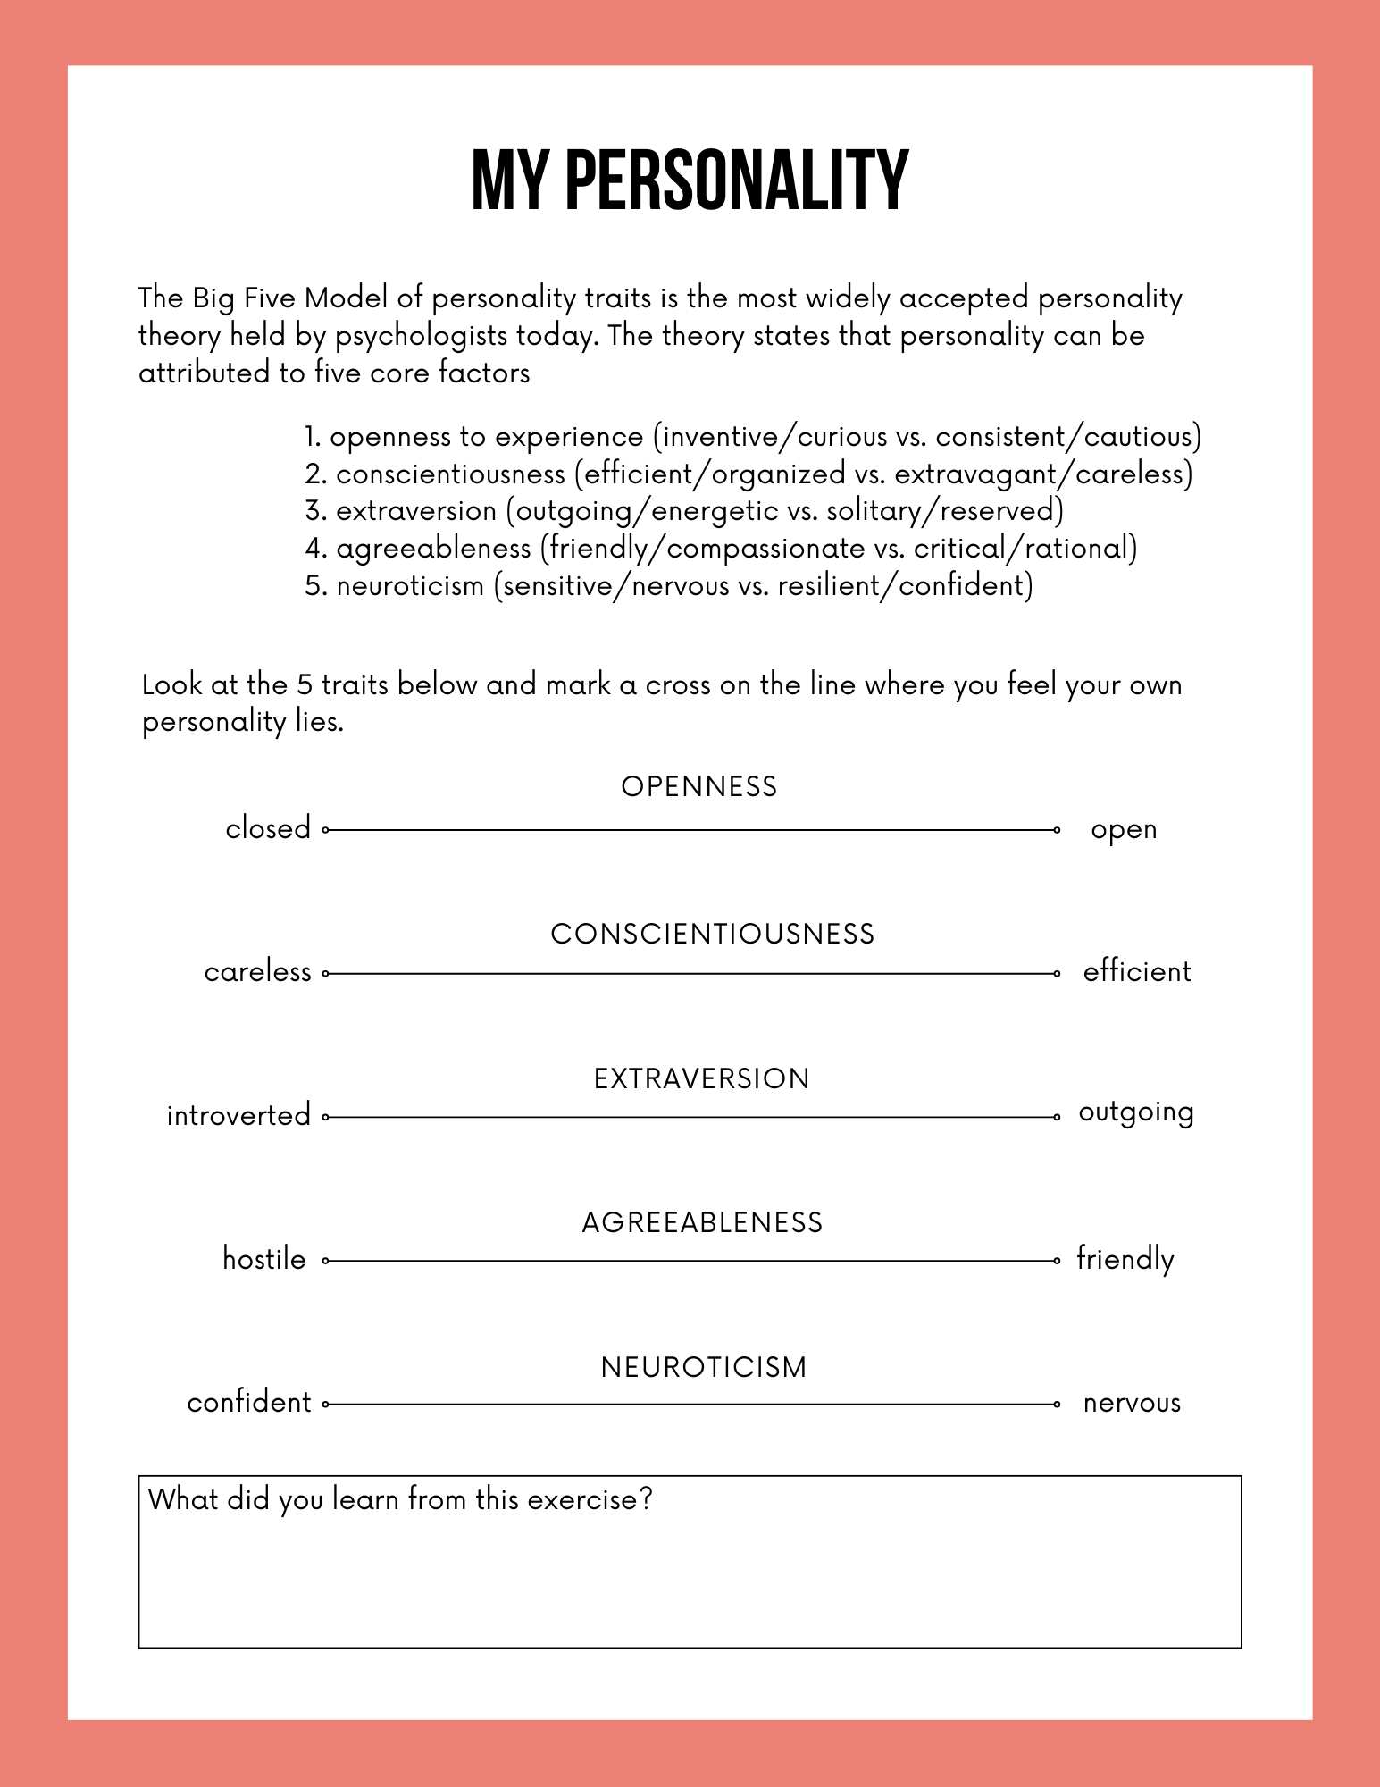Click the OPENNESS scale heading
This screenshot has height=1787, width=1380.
pyautogui.click(x=699, y=786)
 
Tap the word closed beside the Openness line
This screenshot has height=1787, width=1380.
pyautogui.click(x=268, y=828)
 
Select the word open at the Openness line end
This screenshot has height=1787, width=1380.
pyautogui.click(x=1124, y=830)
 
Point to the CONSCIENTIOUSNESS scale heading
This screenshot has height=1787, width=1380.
pyautogui.click(x=712, y=934)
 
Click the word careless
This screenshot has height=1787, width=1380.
pyautogui.click(x=258, y=971)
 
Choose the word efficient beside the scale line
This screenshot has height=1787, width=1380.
pyautogui.click(x=1137, y=971)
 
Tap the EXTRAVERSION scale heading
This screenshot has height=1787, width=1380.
pyautogui.click(x=701, y=1078)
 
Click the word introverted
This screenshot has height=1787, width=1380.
pyautogui.click(x=238, y=1115)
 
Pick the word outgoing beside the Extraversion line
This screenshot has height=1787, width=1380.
pyautogui.click(x=1136, y=1113)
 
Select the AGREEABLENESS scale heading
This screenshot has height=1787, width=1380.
pyautogui.click(x=702, y=1222)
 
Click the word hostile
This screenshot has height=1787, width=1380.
pyautogui.click(x=264, y=1259)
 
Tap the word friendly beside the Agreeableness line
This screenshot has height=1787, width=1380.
pyautogui.click(x=1125, y=1259)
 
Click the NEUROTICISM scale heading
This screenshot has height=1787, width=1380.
pyautogui.click(x=704, y=1367)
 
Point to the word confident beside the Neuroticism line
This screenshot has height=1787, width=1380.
pyautogui.click(x=249, y=1403)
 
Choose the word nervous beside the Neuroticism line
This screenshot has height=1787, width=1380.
pyautogui.click(x=1132, y=1404)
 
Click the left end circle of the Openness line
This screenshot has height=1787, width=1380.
pyautogui.click(x=326, y=830)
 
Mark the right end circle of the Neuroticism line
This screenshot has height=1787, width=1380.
pyautogui.click(x=1057, y=1405)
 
